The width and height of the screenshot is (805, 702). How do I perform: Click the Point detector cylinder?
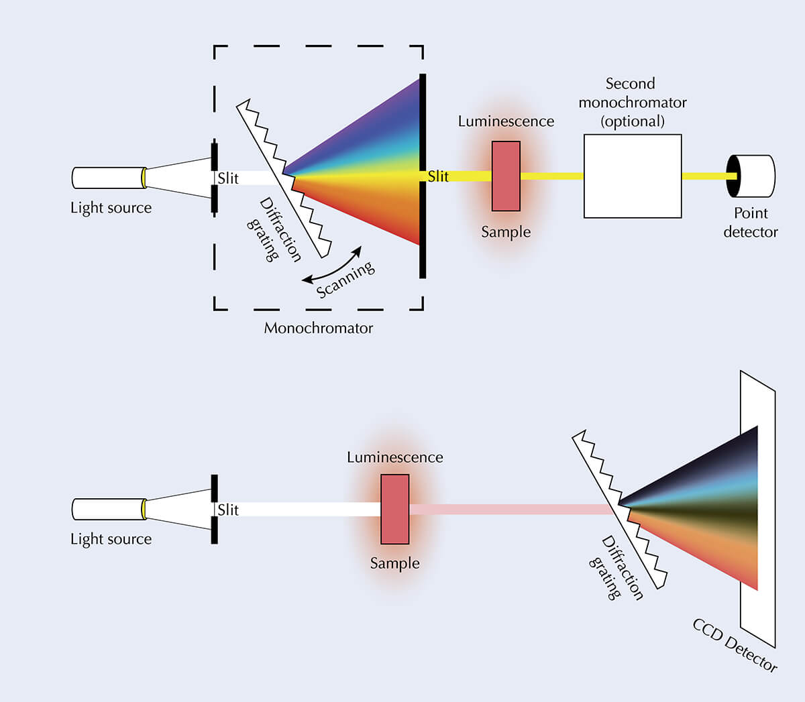click(751, 176)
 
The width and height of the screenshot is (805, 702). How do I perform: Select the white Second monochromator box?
click(633, 176)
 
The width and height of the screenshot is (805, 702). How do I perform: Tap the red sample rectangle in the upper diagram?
click(506, 176)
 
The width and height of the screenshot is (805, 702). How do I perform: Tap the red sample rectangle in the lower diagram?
click(395, 510)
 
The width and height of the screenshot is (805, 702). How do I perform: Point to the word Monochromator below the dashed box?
click(318, 328)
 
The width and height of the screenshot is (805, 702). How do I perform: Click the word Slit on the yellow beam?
click(438, 176)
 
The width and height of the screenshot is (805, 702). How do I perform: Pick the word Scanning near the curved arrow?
click(345, 280)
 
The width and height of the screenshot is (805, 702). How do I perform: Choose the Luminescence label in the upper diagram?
click(506, 121)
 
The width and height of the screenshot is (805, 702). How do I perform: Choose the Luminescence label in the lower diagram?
click(395, 457)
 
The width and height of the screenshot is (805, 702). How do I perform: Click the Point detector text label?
click(751, 223)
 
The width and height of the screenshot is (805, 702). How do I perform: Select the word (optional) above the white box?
click(633, 121)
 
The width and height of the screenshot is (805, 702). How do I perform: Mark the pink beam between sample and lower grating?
click(511, 510)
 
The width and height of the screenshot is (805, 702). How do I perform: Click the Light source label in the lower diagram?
click(111, 539)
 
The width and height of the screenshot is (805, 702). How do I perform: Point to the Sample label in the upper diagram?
click(506, 232)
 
